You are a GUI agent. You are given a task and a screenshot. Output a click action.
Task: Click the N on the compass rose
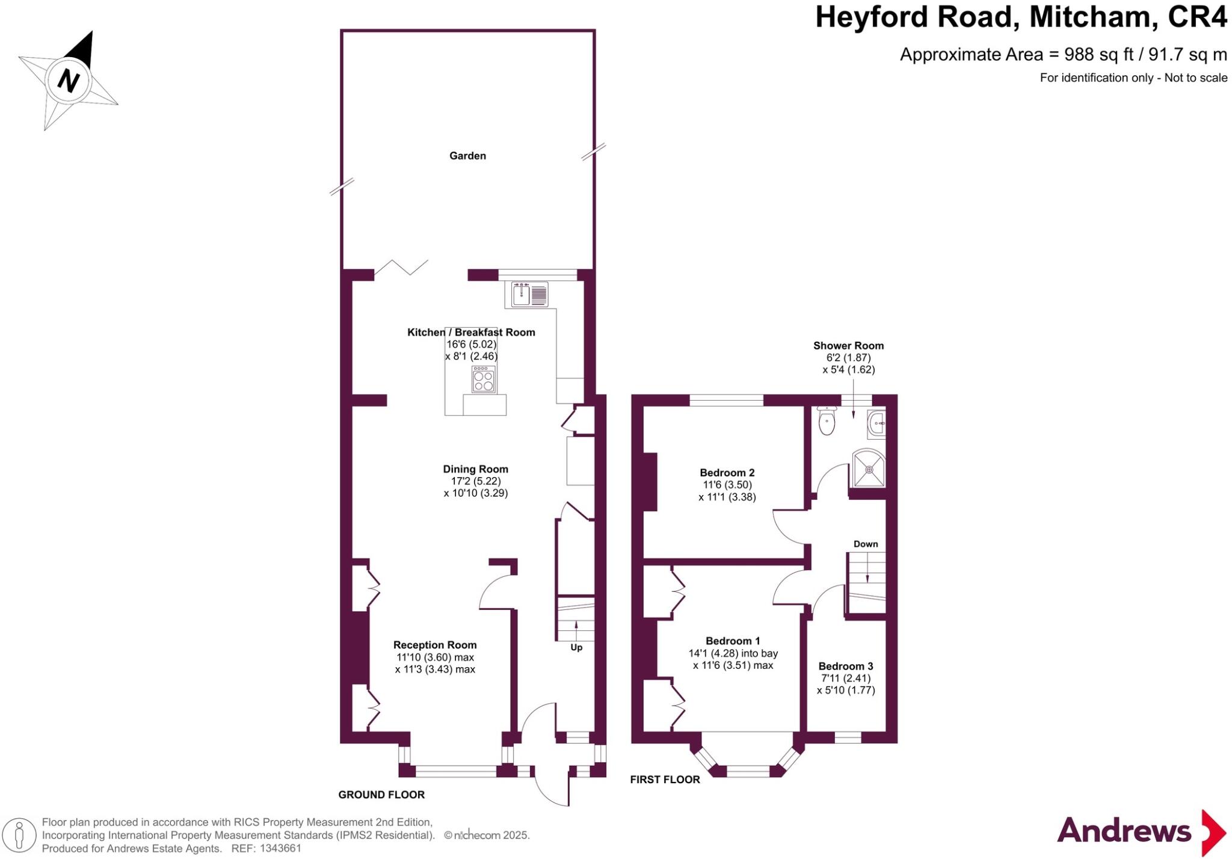[69, 80]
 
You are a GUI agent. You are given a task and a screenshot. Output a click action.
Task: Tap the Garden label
[467, 156]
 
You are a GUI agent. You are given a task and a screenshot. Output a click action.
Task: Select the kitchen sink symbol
[529, 295]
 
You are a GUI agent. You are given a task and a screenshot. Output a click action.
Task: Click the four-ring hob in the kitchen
[484, 380]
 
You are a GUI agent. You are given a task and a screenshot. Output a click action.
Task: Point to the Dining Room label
[475, 469]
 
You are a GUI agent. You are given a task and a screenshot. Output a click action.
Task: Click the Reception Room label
[435, 645]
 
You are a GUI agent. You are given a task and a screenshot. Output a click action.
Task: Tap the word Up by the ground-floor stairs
[576, 648]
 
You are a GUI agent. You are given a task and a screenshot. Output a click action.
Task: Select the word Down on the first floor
[866, 544]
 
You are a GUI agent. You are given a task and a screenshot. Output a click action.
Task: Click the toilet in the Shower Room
[827, 420]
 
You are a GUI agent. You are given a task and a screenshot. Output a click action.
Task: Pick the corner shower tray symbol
[869, 469]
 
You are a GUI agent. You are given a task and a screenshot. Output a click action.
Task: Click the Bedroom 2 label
[727, 473]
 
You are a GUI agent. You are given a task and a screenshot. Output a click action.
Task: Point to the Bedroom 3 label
[845, 666]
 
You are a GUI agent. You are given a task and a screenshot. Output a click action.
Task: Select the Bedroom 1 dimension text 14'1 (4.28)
[710, 653]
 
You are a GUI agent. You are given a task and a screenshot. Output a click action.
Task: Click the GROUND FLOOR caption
[381, 795]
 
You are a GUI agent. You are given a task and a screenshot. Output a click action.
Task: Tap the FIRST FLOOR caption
[665, 780]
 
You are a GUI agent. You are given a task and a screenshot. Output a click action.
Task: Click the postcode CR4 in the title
[1197, 17]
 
